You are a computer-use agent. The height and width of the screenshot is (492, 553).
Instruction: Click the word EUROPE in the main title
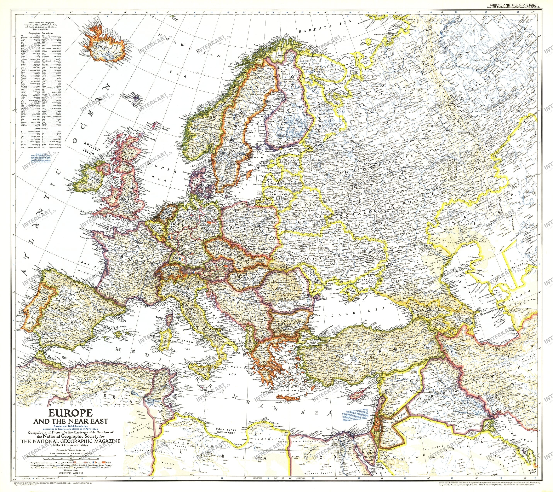tap(71, 413)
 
